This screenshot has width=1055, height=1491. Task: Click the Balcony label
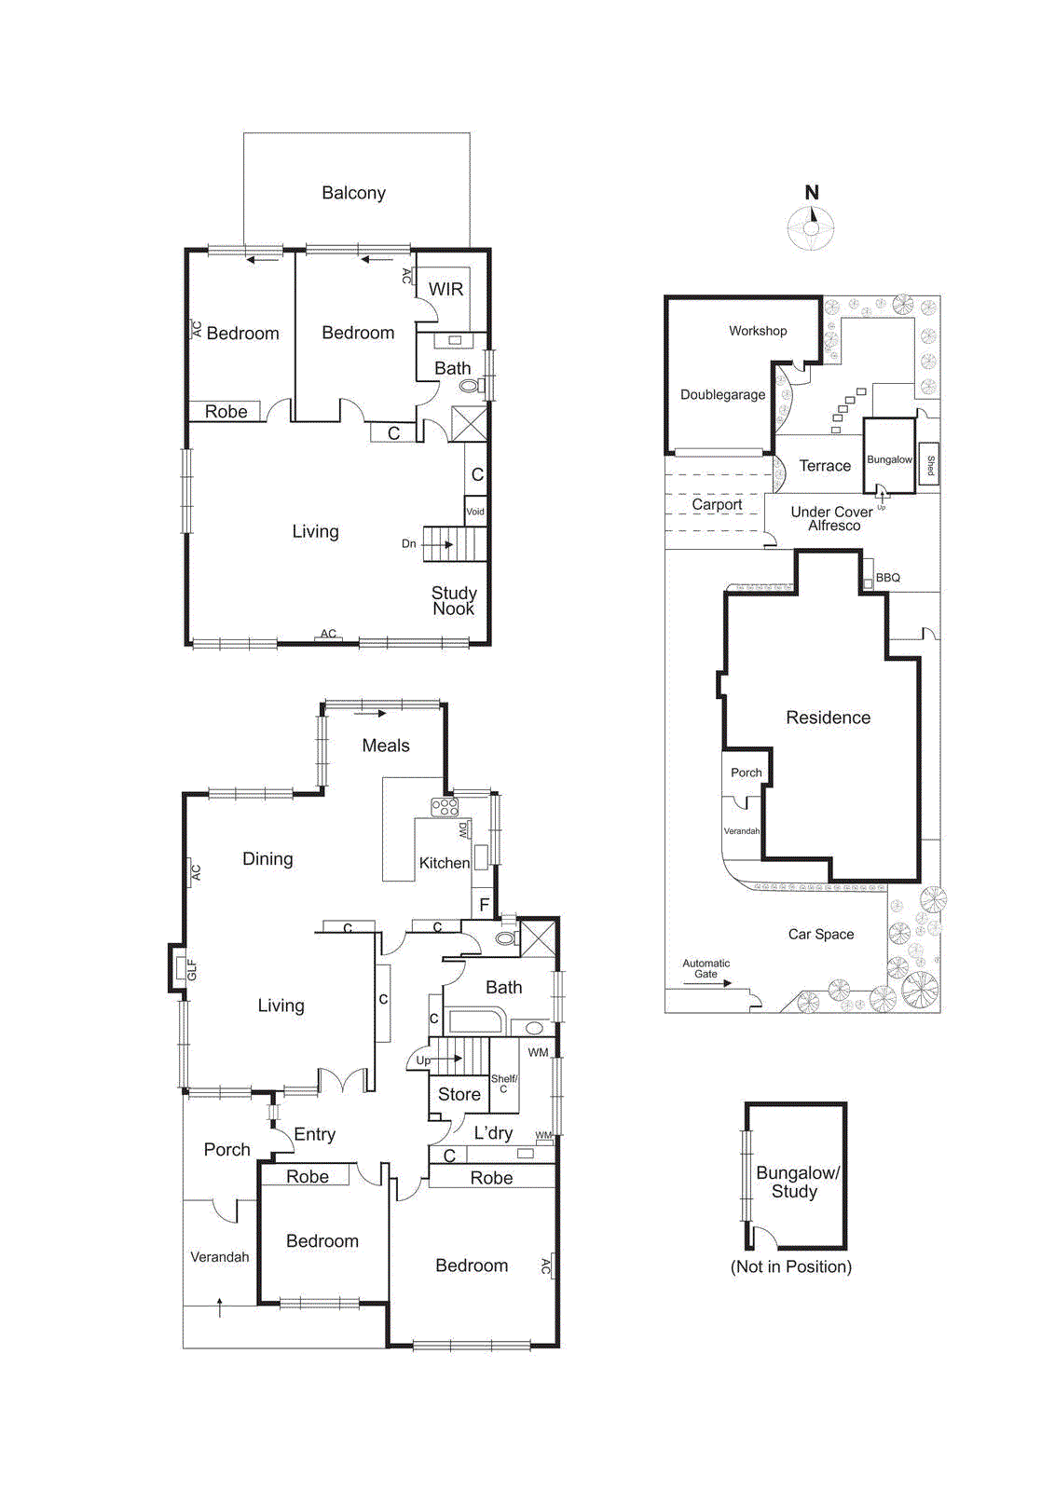pos(353,193)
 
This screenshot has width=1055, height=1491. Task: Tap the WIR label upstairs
pos(445,290)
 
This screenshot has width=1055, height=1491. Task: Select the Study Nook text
pos(454,601)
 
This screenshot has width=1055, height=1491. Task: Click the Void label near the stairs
pos(475,512)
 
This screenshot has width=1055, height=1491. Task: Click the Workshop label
pos(758,331)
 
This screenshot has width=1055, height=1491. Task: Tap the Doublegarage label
pos(722,395)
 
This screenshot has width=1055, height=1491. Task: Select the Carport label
pos(717,504)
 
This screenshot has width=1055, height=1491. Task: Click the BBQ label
pos(888,578)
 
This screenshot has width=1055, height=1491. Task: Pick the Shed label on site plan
pos(929,464)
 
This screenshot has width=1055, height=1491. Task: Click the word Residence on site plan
pos(828,718)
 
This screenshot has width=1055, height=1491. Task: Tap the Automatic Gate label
pos(706,969)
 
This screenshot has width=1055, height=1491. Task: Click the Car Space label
pos(820,935)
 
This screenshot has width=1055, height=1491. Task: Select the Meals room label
pos(386,745)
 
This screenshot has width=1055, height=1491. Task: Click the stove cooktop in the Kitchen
pos(445,807)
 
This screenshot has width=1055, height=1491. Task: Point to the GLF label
pos(192,969)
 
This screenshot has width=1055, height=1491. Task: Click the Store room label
pos(459,1095)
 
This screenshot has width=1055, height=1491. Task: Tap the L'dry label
pos(493,1133)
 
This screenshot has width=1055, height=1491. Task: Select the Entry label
pos(314,1135)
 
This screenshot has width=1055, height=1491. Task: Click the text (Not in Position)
pos(790,1267)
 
